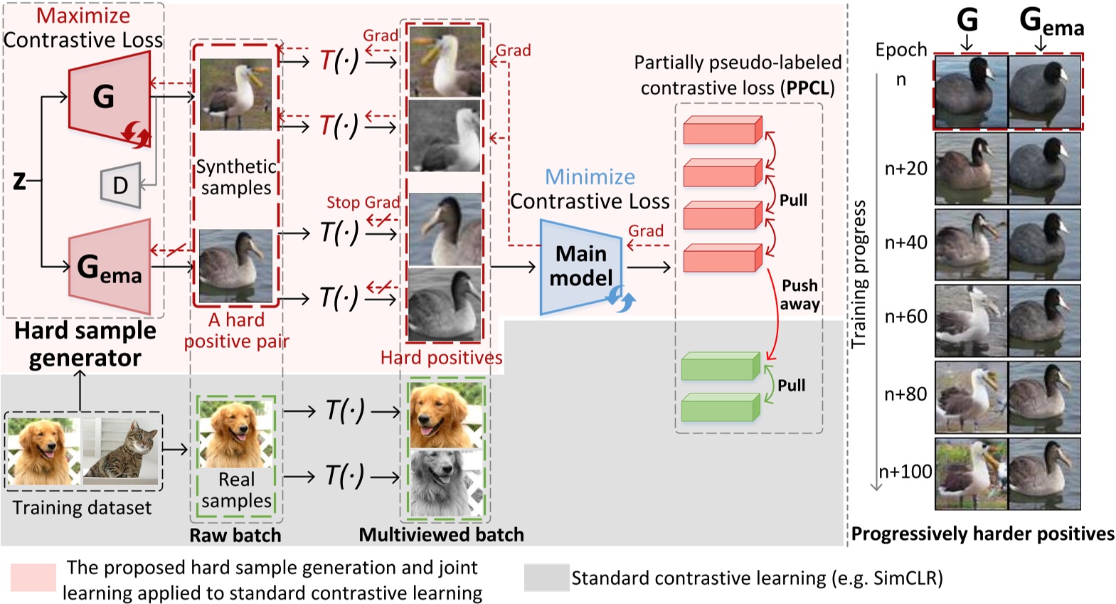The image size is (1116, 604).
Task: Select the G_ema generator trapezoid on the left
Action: [110, 267]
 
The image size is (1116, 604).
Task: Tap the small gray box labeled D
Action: [120, 186]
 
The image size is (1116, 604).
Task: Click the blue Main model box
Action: [580, 267]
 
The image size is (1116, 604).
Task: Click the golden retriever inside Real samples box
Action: [235, 433]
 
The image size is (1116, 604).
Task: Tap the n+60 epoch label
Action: [905, 317]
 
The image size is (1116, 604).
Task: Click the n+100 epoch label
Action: [905, 472]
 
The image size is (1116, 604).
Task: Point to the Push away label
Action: [799, 295]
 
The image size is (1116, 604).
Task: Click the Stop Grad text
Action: [363, 203]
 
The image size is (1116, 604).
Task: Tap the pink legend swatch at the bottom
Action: [33, 577]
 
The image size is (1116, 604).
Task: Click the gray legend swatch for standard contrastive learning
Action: [546, 578]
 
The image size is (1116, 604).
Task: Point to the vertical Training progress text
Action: [859, 274]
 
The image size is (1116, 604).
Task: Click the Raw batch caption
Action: [235, 535]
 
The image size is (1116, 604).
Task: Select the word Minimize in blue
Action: [590, 176]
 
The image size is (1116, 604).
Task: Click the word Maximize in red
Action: [83, 16]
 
